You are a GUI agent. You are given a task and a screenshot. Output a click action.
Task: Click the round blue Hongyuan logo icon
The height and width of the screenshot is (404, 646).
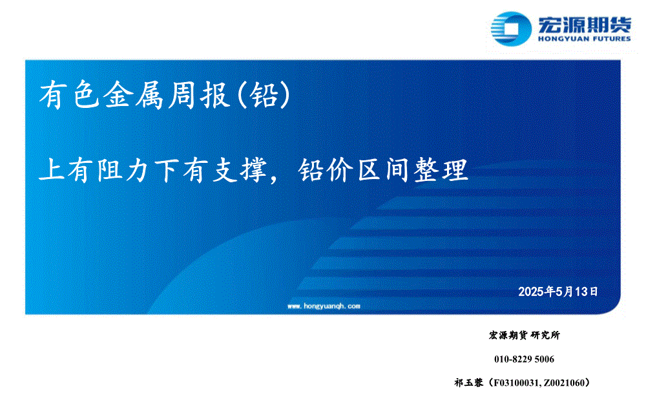(x=511, y=28)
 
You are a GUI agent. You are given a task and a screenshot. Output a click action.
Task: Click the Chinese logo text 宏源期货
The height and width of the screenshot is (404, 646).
(x=584, y=25)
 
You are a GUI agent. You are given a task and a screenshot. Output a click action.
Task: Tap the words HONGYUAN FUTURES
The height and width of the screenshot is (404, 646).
(x=584, y=39)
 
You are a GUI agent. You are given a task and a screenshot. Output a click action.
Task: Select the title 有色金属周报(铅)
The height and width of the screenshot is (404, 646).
(x=165, y=95)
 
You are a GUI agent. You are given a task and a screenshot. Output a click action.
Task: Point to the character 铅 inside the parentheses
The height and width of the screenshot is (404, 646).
(x=264, y=95)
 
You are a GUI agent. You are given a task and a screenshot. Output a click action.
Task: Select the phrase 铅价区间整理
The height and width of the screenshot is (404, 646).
(x=384, y=170)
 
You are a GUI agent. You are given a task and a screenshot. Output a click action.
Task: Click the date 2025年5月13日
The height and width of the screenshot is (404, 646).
(x=558, y=292)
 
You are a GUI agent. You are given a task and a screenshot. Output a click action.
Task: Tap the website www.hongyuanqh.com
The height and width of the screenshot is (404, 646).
(x=324, y=306)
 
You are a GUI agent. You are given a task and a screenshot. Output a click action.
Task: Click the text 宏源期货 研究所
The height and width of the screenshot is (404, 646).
(x=525, y=335)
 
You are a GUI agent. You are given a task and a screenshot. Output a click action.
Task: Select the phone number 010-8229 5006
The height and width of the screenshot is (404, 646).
(x=524, y=359)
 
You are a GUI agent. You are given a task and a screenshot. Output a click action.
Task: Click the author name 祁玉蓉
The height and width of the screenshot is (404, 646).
(x=469, y=383)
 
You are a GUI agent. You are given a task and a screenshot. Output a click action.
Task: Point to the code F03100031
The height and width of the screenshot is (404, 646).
(x=516, y=383)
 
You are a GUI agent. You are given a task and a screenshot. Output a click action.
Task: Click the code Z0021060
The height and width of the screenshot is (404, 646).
(x=563, y=383)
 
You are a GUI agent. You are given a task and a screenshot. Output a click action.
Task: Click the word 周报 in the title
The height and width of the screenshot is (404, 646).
(x=198, y=95)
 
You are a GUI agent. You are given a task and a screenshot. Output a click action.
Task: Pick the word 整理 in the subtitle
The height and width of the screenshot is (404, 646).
(x=441, y=170)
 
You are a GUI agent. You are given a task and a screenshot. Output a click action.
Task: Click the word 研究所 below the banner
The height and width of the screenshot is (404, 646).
(x=545, y=335)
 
